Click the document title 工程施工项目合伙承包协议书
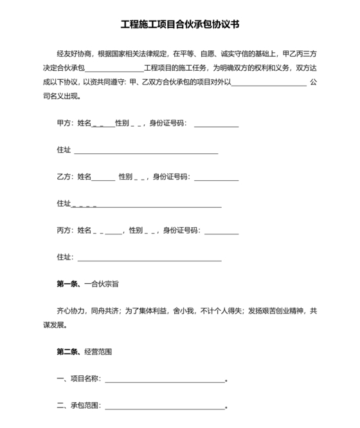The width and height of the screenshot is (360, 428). click(180, 25)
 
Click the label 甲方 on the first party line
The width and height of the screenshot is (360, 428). click(65, 123)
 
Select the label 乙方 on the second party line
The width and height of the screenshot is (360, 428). click(65, 176)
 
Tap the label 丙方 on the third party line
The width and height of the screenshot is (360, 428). click(65, 230)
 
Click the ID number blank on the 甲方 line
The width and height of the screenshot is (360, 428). click(216, 124)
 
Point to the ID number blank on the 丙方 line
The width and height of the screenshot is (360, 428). click(221, 231)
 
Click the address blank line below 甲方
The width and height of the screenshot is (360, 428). click(147, 152)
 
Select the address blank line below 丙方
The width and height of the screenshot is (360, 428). click(148, 259)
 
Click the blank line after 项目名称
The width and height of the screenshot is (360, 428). click(165, 380)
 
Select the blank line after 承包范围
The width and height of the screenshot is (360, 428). click(165, 407)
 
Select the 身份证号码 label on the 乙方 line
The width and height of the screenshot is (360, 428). click(170, 176)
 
